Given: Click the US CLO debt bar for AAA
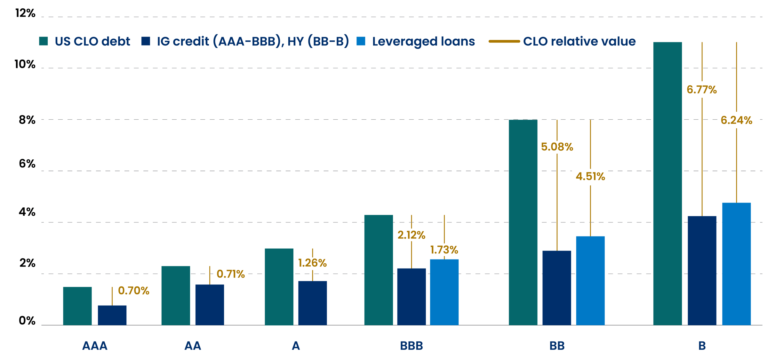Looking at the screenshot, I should coord(77,306).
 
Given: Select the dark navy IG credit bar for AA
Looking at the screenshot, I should coord(210,305).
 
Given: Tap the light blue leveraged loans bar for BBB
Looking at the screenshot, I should coord(444,292).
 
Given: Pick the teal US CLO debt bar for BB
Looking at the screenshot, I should coord(523,222).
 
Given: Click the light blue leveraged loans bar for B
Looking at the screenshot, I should coord(736,264).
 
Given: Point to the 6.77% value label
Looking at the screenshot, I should coord(702,90).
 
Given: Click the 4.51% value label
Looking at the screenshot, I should coord(590,177).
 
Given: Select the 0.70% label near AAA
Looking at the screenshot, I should coord(133,291).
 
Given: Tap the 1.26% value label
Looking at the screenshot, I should coord(312,263).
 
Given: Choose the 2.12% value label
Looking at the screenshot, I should coord(411,235).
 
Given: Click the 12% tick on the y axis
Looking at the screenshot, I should coord(25,13).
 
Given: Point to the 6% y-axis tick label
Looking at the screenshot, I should coord(27,164).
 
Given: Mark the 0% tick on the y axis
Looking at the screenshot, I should coord(27,321).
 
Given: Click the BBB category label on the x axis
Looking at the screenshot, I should coord(412,346).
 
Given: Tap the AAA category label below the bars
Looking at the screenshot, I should coord(95,346).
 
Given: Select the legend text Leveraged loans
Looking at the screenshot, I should coord(423,42).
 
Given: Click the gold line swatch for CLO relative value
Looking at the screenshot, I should coord(504,41).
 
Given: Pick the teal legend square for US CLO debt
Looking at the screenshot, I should coord(44,41).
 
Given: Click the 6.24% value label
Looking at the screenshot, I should coord(736,120).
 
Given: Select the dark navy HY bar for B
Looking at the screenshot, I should coord(702,270).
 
